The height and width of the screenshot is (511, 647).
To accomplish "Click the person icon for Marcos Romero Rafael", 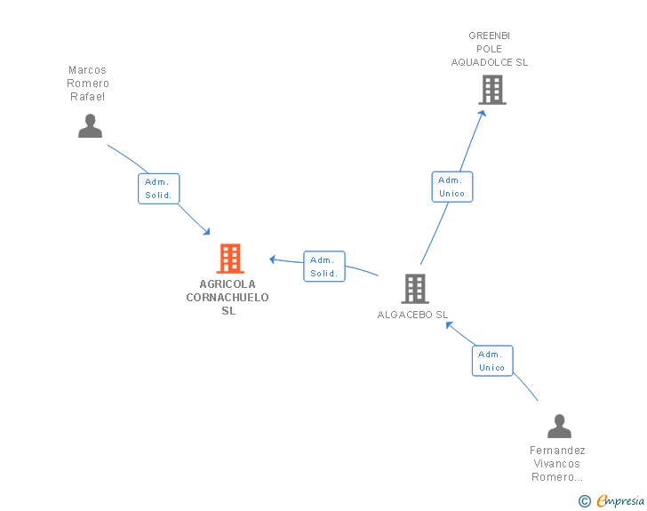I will [x=90, y=126].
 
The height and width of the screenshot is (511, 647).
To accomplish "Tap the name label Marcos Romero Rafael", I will [x=88, y=84].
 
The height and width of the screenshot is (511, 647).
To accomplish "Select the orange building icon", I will [x=229, y=259].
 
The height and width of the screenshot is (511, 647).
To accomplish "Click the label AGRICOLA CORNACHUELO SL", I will [x=228, y=298].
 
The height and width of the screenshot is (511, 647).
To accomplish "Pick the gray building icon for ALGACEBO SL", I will [x=415, y=288].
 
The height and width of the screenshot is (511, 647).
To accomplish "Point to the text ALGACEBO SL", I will [x=412, y=315].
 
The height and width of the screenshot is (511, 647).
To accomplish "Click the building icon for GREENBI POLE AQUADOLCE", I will [x=491, y=90].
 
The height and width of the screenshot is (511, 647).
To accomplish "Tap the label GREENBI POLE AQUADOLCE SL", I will [x=490, y=49].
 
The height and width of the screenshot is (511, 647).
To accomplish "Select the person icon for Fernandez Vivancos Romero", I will [x=559, y=427].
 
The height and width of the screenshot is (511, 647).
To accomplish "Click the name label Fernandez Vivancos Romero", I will [x=557, y=463].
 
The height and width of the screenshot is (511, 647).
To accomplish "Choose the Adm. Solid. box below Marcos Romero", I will [x=159, y=188].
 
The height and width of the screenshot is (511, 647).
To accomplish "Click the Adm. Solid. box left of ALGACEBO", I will [x=324, y=267].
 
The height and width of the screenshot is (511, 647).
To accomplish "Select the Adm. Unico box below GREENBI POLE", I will [x=451, y=187].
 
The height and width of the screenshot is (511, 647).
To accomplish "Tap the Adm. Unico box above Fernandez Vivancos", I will [x=491, y=361].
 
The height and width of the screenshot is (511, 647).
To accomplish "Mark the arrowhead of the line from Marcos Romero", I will [x=207, y=232].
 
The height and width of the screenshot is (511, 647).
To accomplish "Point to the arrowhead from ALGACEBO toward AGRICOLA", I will [x=274, y=259].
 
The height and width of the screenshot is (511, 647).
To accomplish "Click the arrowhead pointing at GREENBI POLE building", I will [x=483, y=113].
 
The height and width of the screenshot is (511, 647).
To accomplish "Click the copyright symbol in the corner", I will [x=584, y=501].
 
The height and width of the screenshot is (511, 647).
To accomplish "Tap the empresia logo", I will [x=619, y=501].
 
